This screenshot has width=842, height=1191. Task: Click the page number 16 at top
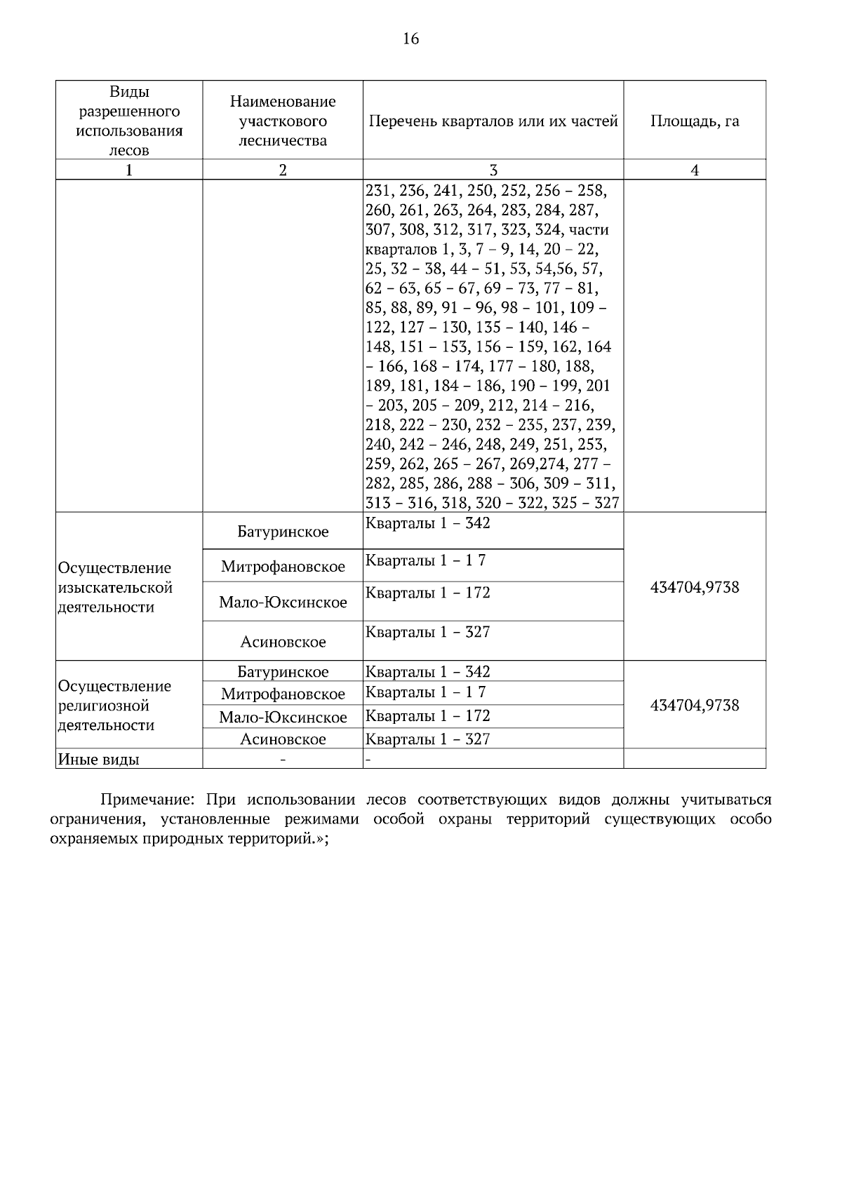[x=411, y=39]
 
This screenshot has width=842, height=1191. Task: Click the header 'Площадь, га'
[x=694, y=121]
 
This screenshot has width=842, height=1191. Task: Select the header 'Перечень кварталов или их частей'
[x=493, y=121]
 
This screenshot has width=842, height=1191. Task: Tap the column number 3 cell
[x=493, y=170]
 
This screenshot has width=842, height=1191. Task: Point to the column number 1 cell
[x=129, y=170]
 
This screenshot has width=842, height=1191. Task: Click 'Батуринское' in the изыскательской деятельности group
[x=283, y=532]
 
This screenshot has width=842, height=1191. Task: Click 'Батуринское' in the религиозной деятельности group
[x=283, y=672]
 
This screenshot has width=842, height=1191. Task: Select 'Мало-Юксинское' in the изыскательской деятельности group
[x=283, y=603]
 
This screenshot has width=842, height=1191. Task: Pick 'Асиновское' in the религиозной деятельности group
[x=283, y=739]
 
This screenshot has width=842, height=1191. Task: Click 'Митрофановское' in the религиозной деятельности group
[x=283, y=694]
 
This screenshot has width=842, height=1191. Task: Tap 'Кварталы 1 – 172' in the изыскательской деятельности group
[x=428, y=593]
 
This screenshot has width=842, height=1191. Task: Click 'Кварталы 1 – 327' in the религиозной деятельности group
[x=428, y=739]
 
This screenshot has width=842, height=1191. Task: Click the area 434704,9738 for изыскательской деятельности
[x=694, y=587]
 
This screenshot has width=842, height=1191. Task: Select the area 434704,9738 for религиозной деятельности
[x=694, y=706]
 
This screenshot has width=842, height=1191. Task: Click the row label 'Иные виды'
[x=98, y=760]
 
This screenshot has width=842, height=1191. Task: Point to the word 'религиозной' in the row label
[x=104, y=706]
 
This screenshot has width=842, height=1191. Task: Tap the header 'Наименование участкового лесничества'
[x=283, y=121]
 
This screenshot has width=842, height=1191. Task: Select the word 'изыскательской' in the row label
[x=115, y=588]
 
